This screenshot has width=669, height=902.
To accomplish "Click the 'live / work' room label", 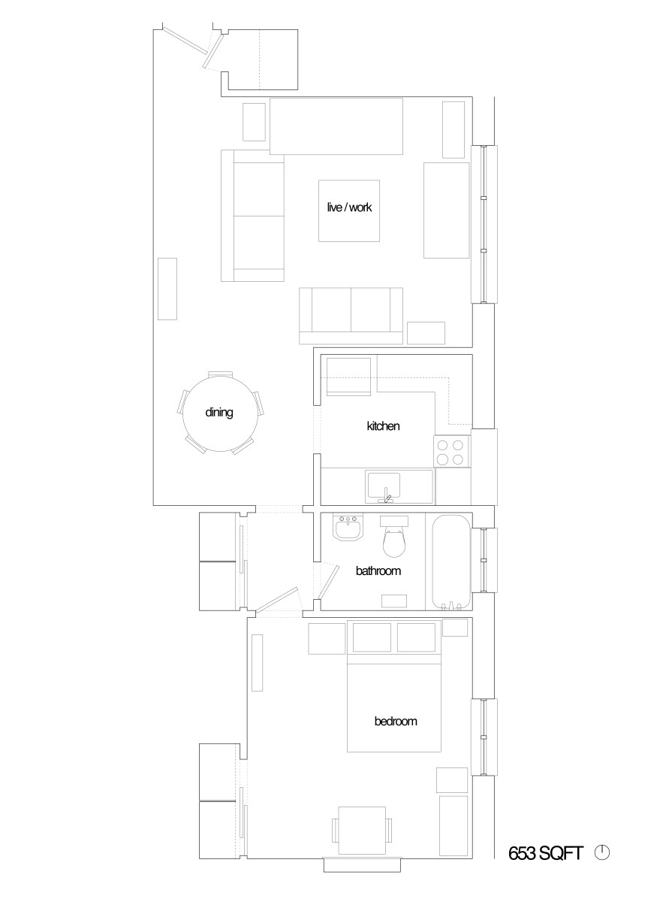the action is (x=349, y=207).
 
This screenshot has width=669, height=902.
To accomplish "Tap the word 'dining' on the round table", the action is (x=219, y=413).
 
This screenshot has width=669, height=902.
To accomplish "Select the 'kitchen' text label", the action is (x=383, y=425).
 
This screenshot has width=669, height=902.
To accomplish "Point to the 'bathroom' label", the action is (x=378, y=571).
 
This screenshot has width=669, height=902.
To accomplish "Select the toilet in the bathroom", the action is (x=393, y=537).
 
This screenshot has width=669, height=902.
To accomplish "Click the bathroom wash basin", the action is (x=348, y=528).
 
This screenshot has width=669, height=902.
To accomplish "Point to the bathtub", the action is (x=451, y=562).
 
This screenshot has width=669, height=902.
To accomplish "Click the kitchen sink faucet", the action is (x=387, y=497).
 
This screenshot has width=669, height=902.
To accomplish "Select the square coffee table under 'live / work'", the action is (x=349, y=210).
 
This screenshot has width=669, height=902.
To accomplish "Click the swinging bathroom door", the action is (x=328, y=581).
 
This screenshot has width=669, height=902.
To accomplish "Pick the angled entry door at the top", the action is (x=214, y=51).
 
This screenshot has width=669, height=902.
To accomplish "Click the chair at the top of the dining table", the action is (x=220, y=374).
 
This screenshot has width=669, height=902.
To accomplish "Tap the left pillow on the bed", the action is (x=372, y=637).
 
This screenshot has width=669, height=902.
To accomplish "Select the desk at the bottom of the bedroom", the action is (x=362, y=831).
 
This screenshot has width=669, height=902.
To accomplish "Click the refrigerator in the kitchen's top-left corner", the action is (x=348, y=377).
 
